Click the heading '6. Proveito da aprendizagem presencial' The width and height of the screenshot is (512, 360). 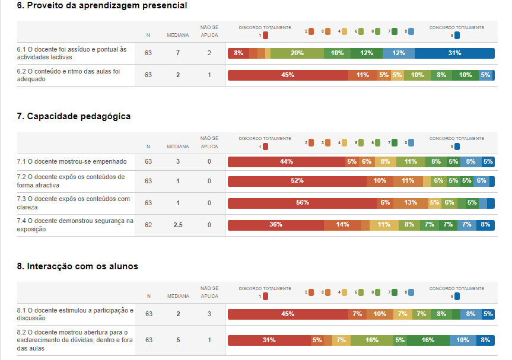point(102,5)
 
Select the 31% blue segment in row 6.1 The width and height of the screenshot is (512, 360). point(454,53)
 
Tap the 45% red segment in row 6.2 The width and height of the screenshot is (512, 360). point(288,75)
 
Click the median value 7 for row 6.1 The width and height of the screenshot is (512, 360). point(178,53)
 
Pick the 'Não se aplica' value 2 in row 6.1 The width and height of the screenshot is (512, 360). point(209,53)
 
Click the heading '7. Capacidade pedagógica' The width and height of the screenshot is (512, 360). point(74,116)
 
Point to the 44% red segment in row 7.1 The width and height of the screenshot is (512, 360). point(287,161)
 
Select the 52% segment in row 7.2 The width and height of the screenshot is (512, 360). point(297,181)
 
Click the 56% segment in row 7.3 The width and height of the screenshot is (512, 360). point(303,203)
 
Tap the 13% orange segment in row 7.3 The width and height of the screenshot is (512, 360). point(411,203)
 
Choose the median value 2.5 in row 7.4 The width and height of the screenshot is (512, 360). point(178,225)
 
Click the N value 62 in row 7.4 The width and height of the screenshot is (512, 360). point(148,225)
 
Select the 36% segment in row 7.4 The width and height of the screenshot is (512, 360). point(276,225)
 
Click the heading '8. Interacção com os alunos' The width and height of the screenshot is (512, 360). point(78,266)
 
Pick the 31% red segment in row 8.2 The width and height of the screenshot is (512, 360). point(269,340)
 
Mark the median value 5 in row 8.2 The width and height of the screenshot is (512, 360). point(178,340)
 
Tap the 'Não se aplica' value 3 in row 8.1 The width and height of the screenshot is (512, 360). point(209,314)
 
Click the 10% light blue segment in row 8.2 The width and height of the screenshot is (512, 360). point(462,340)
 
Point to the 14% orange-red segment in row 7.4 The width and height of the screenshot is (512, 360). point(342,225)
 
